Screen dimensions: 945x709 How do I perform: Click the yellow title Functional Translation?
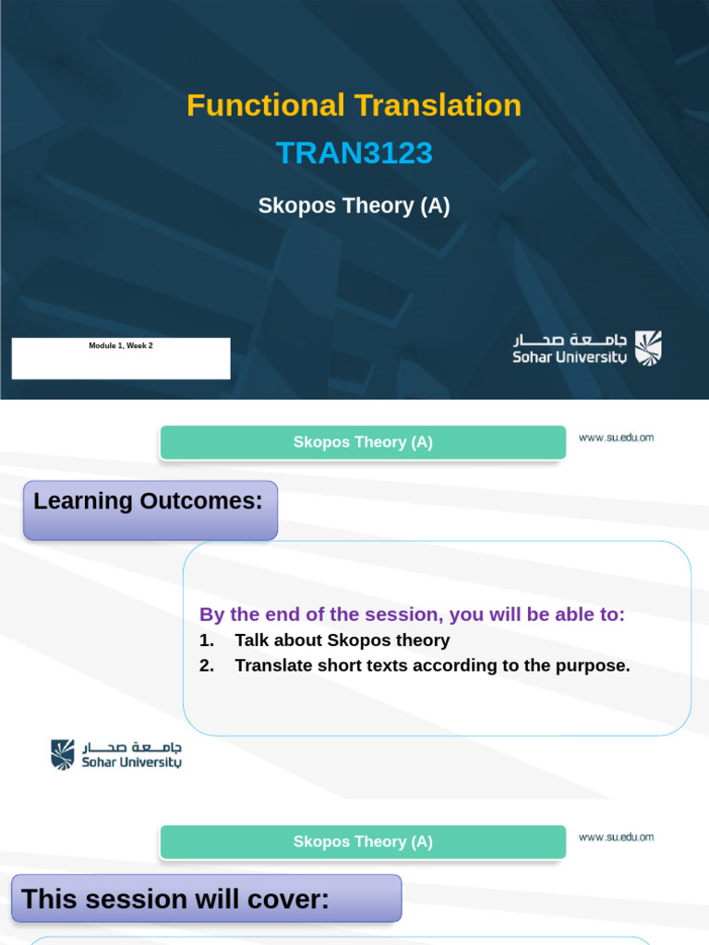354,105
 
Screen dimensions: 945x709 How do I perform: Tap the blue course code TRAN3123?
354,153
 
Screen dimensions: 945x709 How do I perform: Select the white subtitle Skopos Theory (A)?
354,206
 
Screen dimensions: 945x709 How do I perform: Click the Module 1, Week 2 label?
121,346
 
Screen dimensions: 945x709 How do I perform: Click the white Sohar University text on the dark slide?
570,357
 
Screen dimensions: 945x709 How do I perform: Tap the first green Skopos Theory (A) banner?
363,442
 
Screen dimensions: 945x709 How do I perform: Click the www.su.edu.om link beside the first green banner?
616,437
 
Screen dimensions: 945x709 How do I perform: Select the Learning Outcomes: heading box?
150,508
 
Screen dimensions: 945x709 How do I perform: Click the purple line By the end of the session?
412,615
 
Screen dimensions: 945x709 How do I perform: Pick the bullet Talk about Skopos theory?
342,640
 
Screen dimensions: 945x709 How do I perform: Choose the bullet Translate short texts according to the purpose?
432,665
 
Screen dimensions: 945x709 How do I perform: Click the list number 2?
206,665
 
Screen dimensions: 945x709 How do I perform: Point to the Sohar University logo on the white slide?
116,754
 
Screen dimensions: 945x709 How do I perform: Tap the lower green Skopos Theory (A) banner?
363,842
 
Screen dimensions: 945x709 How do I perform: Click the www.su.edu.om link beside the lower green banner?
616,837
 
